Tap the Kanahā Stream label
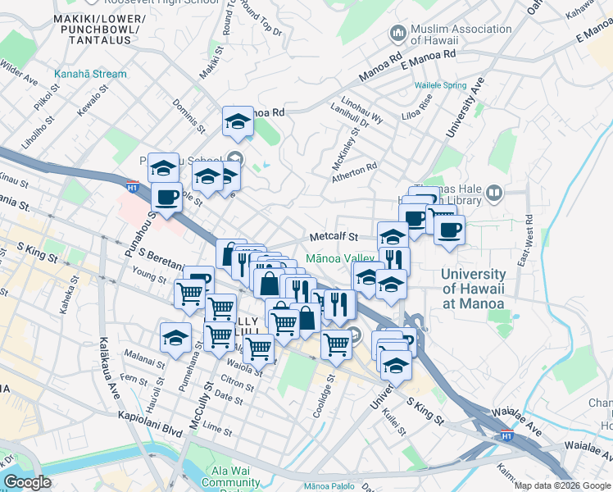pos(90,74)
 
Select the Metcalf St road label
pos(334,237)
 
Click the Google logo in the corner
pos(27,482)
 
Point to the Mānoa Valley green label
pos(339,257)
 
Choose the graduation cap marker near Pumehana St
pos(175,337)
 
